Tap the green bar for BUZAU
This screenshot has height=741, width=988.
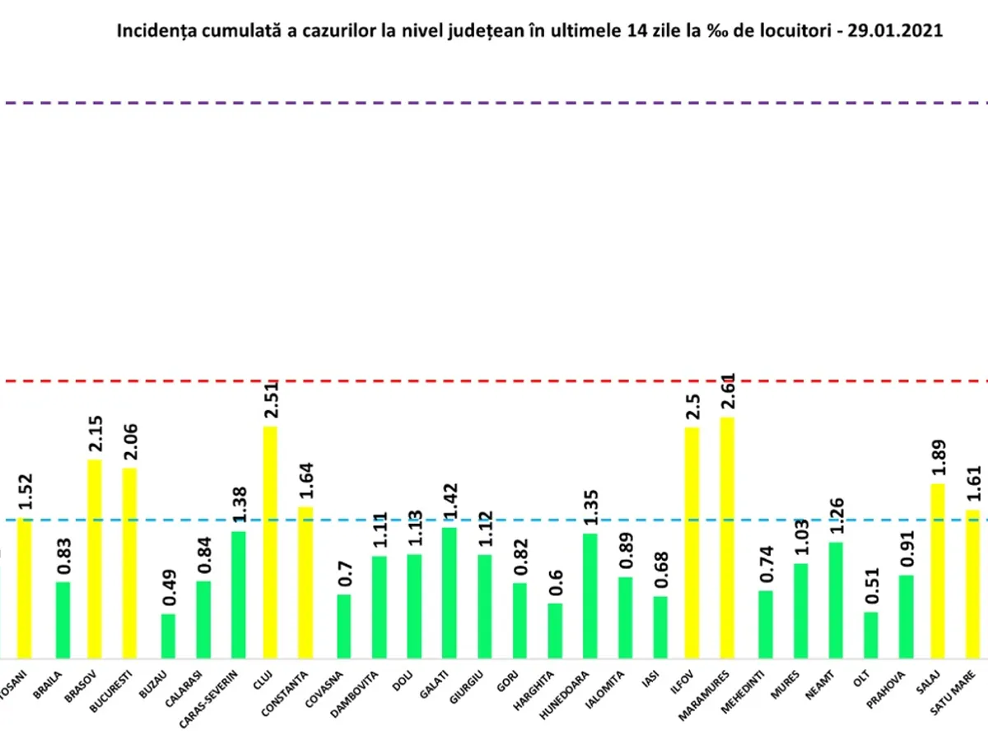point(168,636)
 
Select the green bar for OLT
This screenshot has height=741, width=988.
point(871,635)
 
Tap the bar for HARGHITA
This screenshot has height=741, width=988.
point(555,631)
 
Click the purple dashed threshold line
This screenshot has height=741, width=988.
point(494,103)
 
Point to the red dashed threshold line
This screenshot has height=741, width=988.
point(494,381)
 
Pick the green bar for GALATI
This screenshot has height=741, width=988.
point(450,593)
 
